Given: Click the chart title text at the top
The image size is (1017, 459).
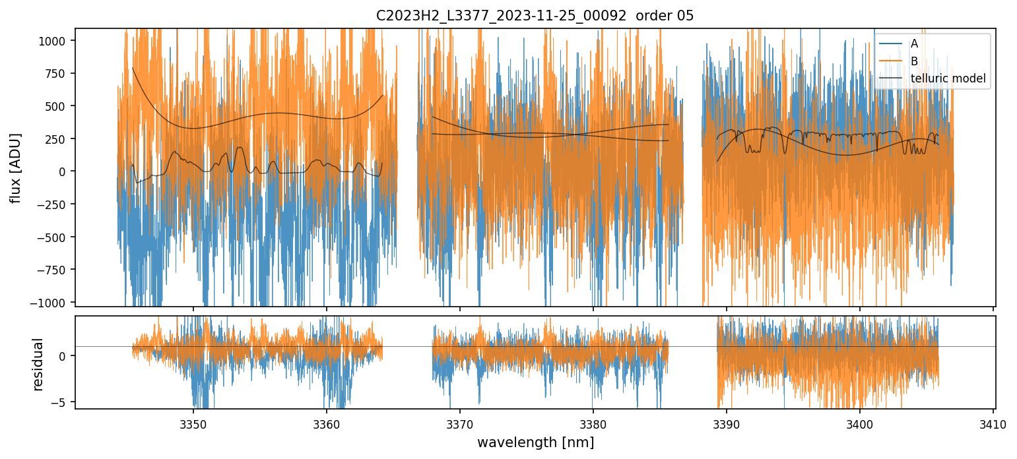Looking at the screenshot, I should click(x=535, y=16).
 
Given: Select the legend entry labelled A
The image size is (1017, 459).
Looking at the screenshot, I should click(x=914, y=44).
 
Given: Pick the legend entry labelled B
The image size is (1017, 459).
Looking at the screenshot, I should click(x=914, y=61).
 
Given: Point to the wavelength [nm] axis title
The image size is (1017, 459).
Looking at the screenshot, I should click(x=535, y=442).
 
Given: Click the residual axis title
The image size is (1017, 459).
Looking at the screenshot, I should click(x=38, y=364).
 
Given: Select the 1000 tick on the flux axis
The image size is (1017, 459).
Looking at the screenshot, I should click(x=57, y=41).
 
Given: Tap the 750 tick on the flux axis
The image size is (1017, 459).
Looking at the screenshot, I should click(x=59, y=74).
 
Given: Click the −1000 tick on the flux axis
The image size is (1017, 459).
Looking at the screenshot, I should click(x=53, y=302).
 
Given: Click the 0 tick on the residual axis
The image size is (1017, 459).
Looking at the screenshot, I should click(x=64, y=356).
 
